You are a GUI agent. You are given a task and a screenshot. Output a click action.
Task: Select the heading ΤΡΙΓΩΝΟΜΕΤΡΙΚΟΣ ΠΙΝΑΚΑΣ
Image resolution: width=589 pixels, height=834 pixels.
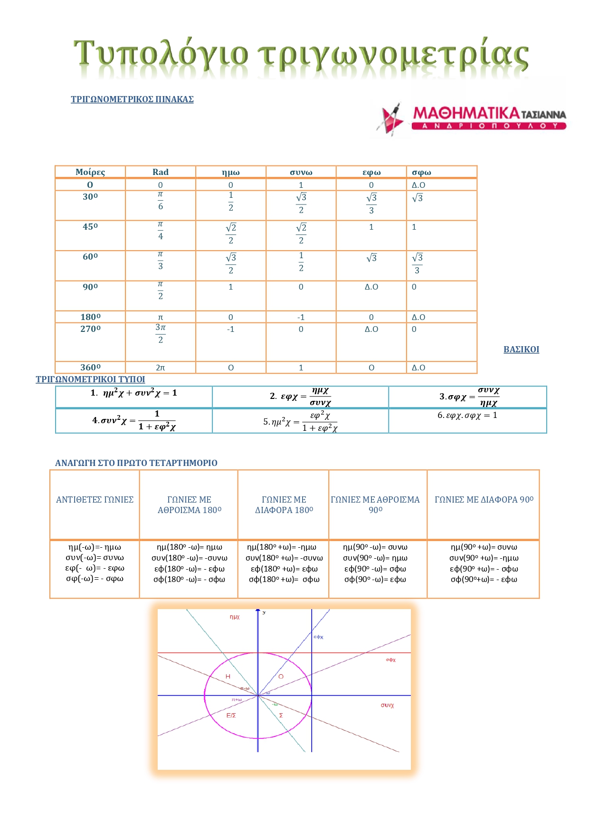[132, 99]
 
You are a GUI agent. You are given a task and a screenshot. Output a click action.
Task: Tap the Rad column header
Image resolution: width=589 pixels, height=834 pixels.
[161, 172]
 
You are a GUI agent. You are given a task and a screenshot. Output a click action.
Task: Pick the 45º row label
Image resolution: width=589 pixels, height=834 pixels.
[90, 227]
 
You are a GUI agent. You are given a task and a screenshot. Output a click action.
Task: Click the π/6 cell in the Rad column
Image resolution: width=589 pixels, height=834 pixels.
[161, 201]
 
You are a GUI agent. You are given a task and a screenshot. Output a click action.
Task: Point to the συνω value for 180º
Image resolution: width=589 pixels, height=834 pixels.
[301, 317]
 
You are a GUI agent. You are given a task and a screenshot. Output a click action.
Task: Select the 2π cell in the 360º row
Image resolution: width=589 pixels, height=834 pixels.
[161, 368]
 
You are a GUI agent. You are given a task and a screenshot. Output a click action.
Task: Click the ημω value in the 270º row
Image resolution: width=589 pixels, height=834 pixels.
[230, 329]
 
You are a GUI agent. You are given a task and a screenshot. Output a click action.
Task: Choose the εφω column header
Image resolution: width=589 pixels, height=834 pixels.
[371, 172]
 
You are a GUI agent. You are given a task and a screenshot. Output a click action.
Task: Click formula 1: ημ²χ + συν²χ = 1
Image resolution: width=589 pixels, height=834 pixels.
[134, 393]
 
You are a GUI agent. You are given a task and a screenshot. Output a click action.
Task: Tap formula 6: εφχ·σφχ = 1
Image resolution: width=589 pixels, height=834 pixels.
[467, 416]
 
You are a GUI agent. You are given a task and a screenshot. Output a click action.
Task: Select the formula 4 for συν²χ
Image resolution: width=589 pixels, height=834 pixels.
[134, 420]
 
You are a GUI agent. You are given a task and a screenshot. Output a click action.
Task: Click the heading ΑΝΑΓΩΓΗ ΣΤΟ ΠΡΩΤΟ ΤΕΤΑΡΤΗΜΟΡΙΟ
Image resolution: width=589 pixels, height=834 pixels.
[136, 463]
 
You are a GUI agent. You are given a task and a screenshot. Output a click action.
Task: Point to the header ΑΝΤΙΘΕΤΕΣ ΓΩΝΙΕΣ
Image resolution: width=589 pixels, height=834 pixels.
[95, 500]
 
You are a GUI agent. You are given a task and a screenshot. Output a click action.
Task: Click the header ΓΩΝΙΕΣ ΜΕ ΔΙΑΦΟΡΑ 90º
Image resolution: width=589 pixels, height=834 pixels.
[484, 500]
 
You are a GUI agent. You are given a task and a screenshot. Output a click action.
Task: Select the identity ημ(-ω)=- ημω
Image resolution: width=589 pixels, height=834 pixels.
[95, 547]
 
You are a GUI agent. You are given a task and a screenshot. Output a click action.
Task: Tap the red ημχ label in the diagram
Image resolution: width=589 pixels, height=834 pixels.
[235, 617]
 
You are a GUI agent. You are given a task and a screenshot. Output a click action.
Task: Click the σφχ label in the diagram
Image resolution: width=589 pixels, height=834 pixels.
[390, 660]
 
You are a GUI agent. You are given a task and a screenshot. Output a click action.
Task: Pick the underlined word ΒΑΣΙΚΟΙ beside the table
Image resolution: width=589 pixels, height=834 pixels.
[521, 349]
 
